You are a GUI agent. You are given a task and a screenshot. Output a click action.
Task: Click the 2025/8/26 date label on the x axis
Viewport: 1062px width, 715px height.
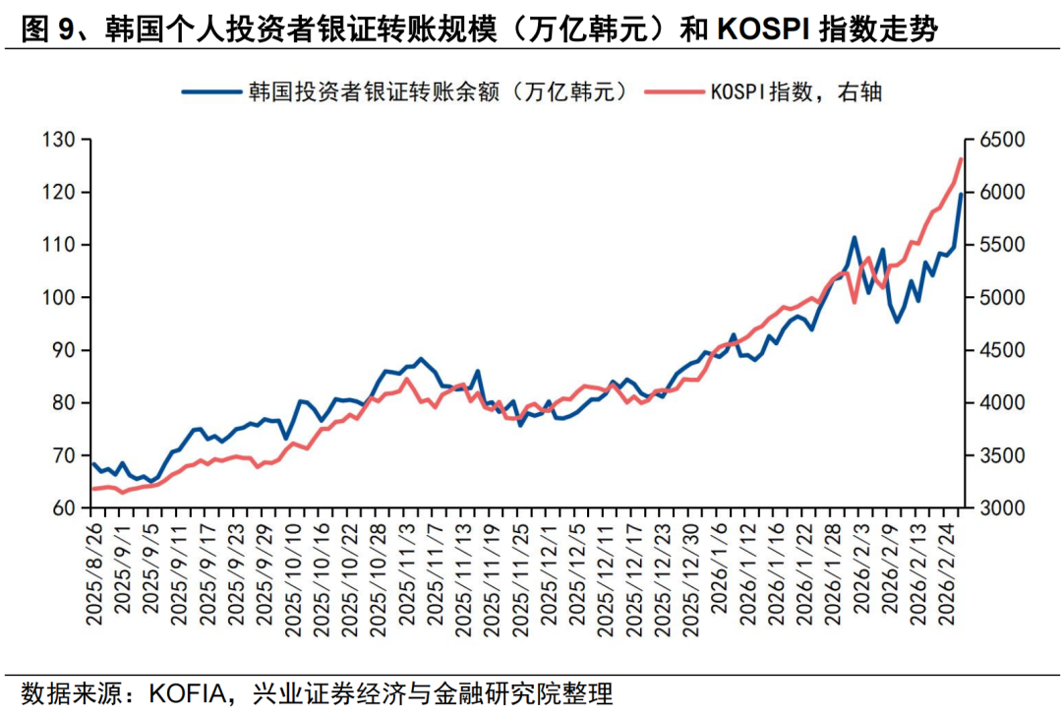point(94,575)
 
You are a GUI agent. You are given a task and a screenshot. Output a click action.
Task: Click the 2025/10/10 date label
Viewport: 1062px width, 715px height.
point(292,575)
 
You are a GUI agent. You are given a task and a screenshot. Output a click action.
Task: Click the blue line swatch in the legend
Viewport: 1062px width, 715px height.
point(210,92)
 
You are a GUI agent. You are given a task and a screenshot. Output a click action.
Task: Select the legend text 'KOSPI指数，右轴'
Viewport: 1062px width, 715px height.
point(796,92)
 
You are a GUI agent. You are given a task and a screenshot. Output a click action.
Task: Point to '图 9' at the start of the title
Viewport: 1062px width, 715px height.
point(45,30)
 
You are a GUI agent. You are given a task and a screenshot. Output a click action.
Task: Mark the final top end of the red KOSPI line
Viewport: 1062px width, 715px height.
point(961,159)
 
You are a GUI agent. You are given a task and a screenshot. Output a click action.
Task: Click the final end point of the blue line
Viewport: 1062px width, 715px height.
point(961,195)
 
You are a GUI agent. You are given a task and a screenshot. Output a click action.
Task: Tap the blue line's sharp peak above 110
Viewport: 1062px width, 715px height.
point(854,237)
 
